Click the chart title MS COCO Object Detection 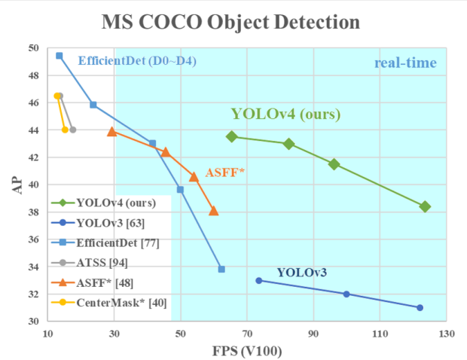(230, 22)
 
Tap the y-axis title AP (17, 185)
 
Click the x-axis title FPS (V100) (247, 351)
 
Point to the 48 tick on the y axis (34, 75)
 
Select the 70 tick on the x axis (247, 334)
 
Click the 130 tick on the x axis (447, 334)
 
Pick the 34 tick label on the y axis (34, 267)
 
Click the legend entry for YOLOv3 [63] (98, 223)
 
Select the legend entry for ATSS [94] (90, 263)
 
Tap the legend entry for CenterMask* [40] (109, 303)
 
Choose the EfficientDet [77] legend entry (105, 243)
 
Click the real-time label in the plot (405, 63)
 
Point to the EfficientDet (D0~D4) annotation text (137, 61)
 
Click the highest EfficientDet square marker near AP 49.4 (60, 56)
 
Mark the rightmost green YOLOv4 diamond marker (425, 206)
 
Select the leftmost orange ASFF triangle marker (112, 131)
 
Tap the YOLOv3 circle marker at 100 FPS (346, 294)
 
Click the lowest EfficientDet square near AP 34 (221, 269)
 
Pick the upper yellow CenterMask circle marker (57, 96)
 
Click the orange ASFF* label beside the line (225, 172)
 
